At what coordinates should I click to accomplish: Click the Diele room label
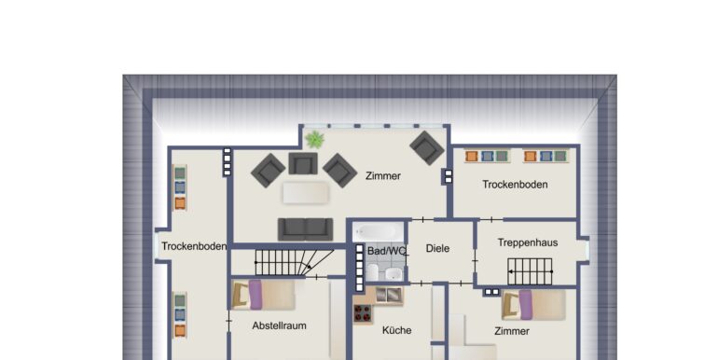click(x=437, y=248)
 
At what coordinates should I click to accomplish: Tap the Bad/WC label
click(x=386, y=251)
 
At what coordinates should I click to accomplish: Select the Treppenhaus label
click(x=528, y=242)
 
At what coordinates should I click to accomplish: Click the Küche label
click(x=396, y=330)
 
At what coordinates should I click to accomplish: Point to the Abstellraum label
click(x=280, y=325)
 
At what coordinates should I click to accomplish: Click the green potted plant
click(x=314, y=139)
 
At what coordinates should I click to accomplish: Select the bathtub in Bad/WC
click(x=379, y=231)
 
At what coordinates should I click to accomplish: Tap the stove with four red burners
click(x=363, y=313)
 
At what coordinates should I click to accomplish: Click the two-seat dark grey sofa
click(x=306, y=228)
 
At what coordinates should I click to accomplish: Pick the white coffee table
click(x=306, y=192)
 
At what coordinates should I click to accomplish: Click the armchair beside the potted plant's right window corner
click(x=427, y=147)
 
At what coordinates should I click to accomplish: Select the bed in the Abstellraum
click(x=263, y=295)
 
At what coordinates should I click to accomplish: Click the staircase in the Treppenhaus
click(x=531, y=271)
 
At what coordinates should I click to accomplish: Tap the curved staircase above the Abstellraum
click(x=293, y=262)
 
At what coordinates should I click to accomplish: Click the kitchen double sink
click(x=388, y=296)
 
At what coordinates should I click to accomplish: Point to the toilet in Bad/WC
click(x=372, y=272)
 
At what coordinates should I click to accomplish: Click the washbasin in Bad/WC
click(x=394, y=274)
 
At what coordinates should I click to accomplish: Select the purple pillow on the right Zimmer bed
click(x=525, y=305)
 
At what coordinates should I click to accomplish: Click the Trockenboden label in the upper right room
click(x=515, y=185)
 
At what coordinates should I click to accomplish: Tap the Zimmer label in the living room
click(x=383, y=176)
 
